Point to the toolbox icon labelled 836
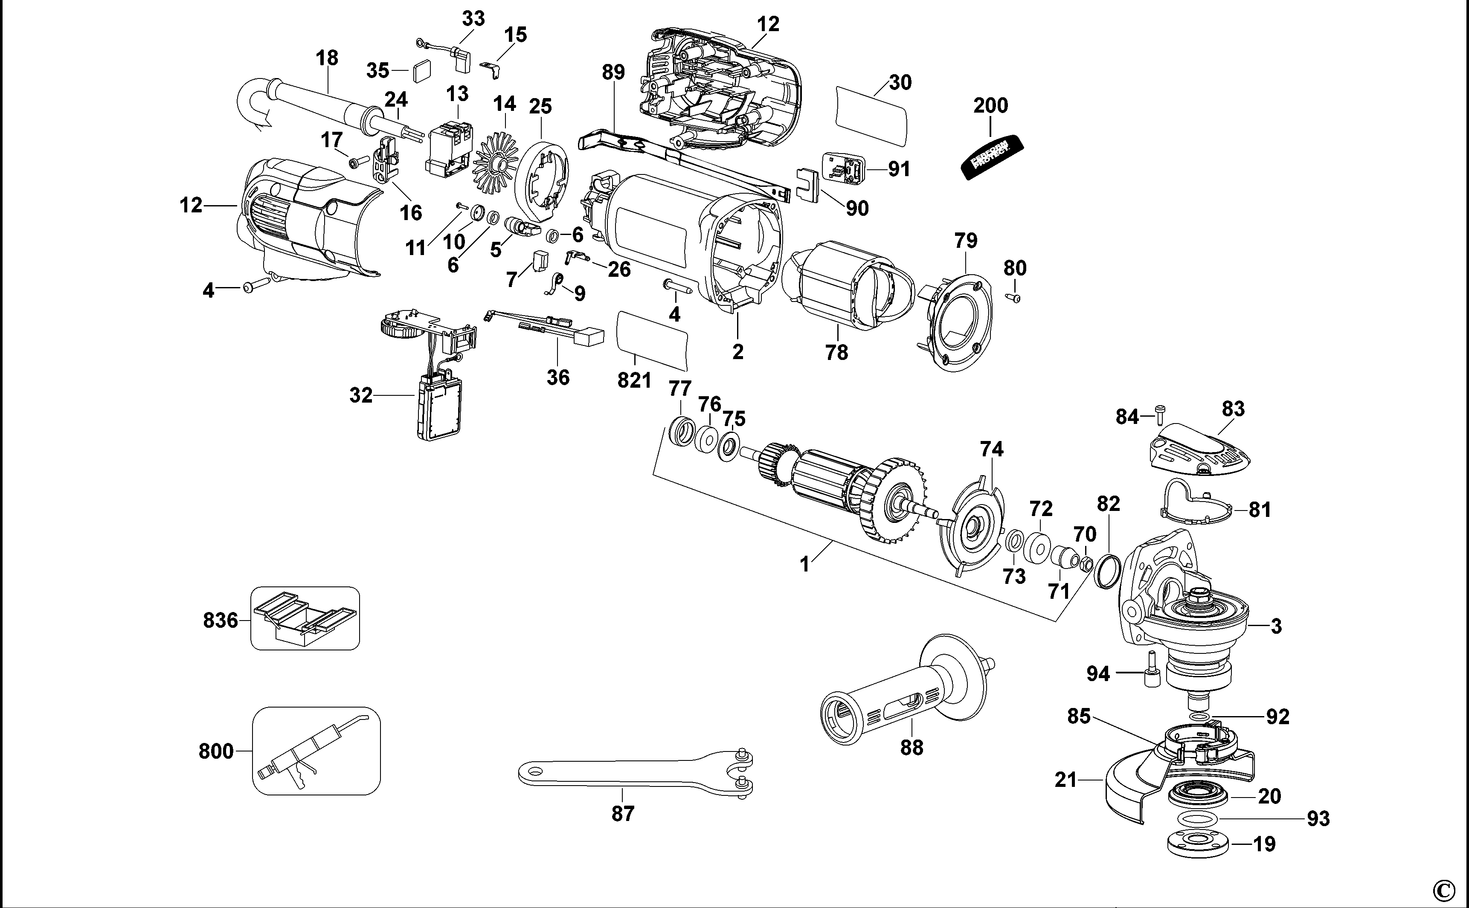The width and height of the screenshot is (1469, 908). coord(305,618)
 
